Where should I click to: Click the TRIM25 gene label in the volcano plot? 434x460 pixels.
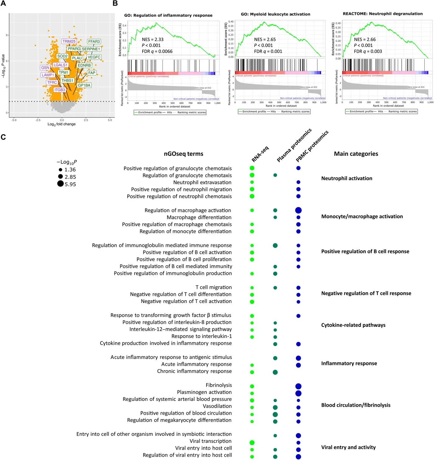[69, 41]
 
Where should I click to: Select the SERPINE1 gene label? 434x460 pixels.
[91, 49]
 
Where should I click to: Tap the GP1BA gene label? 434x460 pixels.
[84, 85]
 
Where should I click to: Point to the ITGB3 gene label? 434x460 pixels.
[60, 90]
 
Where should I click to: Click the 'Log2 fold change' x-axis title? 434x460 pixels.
[61, 124]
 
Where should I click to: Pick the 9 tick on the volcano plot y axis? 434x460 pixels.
[7, 35]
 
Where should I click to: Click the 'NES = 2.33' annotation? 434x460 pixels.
[153, 40]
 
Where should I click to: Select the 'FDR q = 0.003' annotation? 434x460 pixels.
[368, 51]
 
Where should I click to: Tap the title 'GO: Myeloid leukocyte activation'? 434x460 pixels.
[275, 14]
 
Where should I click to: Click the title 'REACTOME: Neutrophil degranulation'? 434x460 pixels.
[383, 14]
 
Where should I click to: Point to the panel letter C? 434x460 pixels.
[3, 137]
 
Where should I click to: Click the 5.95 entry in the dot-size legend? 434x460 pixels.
[70, 184]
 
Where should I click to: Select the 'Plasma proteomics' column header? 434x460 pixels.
[294, 145]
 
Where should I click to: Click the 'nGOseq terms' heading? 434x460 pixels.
[184, 154]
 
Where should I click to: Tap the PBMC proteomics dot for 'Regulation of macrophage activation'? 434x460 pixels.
[298, 210]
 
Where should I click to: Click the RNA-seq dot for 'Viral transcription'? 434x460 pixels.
[252, 443]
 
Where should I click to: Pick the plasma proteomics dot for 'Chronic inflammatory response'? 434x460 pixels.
[275, 372]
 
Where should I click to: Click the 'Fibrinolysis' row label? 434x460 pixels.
[219, 385]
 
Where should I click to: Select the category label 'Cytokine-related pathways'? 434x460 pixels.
[353, 325]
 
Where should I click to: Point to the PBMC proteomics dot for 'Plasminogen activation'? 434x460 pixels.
[298, 393]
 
